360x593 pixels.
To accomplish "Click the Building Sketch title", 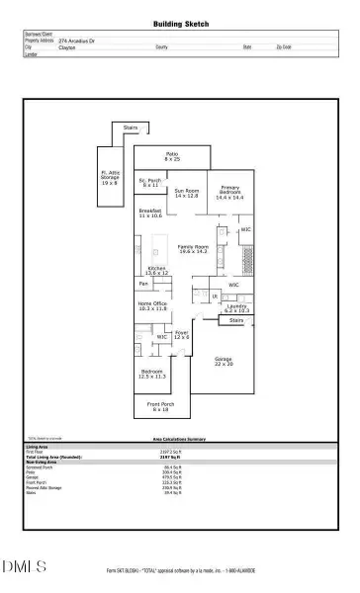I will tap(180, 23).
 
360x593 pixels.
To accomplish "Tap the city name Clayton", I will tap(67, 46).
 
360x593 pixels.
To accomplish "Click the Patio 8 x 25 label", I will tap(172, 156).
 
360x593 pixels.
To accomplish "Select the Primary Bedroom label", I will tap(229, 194).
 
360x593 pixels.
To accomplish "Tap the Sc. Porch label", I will tap(149, 183).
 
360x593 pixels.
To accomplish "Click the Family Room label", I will tap(193, 248).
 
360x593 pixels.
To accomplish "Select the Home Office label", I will tap(152, 306).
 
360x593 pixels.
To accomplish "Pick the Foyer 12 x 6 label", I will tap(181, 337).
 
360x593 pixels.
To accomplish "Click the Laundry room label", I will tap(236, 308).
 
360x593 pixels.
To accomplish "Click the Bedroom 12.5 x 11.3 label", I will tap(152, 375).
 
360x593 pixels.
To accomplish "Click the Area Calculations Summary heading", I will tap(180, 443).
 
